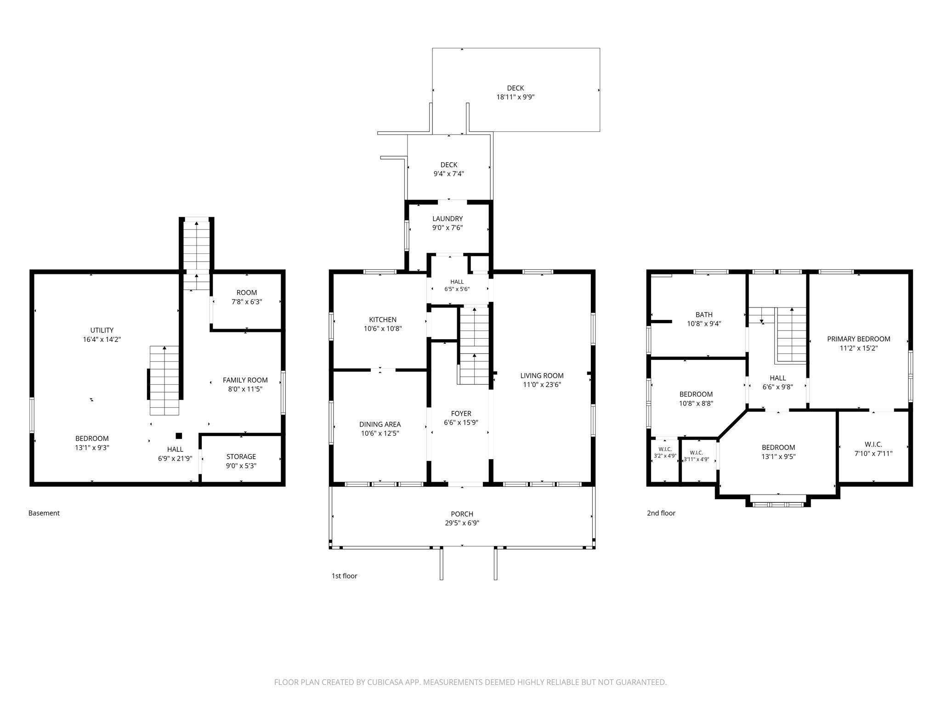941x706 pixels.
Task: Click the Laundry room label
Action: click(448, 219)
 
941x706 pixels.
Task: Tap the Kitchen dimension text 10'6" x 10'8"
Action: click(383, 329)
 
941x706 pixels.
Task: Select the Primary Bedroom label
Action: click(859, 339)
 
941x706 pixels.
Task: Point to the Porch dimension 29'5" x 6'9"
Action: click(462, 523)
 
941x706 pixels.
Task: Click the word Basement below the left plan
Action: click(44, 513)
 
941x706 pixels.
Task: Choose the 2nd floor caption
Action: click(661, 513)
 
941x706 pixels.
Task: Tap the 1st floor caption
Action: click(345, 576)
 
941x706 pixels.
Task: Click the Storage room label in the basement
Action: click(241, 456)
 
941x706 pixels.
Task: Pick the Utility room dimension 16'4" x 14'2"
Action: click(102, 339)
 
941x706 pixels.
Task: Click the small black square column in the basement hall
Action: click(179, 436)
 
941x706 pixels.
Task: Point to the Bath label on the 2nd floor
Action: click(704, 315)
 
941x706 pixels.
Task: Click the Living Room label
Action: click(542, 376)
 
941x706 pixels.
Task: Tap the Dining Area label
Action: click(380, 424)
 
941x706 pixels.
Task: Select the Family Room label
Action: click(245, 380)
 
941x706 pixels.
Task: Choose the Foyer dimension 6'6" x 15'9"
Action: click(461, 422)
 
